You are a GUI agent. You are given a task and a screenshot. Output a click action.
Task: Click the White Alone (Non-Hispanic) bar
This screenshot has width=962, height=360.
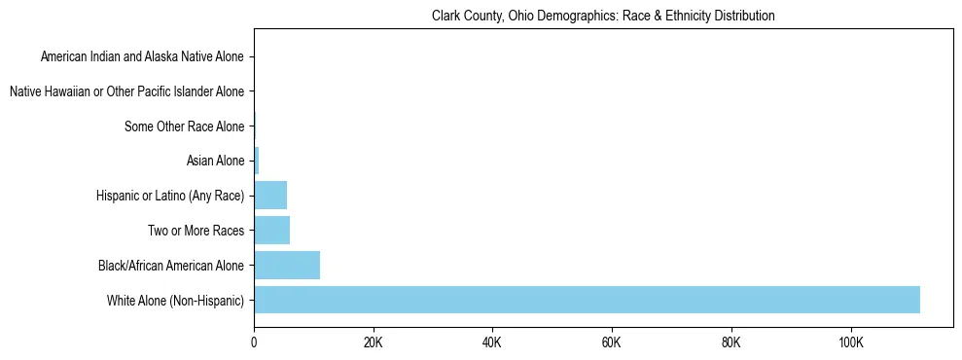(587, 300)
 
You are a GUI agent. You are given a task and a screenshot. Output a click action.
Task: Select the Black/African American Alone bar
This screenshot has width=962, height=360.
(287, 265)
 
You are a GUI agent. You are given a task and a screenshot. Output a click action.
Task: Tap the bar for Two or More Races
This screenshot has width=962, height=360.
(271, 231)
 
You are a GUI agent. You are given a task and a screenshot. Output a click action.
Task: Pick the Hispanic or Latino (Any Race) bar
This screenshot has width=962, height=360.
(270, 196)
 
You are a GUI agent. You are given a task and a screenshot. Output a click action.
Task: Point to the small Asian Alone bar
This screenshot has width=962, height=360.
(256, 161)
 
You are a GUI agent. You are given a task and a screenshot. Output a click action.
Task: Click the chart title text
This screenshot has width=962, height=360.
(603, 17)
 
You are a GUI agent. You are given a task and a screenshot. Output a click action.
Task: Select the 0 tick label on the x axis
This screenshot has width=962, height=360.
(254, 342)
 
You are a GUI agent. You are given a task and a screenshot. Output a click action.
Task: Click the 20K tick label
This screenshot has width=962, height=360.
(373, 342)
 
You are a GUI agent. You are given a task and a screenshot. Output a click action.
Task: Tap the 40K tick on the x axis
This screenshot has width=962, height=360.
(492, 342)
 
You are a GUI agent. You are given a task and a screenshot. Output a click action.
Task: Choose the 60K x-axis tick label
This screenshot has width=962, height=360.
(612, 342)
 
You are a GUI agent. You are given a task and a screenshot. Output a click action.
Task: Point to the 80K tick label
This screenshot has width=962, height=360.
(731, 342)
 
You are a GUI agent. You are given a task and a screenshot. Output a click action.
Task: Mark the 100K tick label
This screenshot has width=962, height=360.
(850, 342)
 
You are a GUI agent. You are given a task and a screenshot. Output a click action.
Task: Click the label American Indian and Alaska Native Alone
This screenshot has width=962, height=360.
(142, 57)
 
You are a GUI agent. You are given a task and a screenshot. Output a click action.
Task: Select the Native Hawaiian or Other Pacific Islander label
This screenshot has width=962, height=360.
(126, 92)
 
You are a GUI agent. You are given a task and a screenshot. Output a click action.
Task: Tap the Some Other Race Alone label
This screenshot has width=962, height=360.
(185, 126)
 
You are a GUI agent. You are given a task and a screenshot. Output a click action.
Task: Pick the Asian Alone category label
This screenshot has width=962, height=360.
(215, 161)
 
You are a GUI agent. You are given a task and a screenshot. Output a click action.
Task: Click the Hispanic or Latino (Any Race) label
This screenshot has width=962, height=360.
(170, 196)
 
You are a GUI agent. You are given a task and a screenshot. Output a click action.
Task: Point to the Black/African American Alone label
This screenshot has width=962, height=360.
(171, 265)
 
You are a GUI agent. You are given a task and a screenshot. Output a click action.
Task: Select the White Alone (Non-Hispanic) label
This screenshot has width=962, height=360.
(176, 300)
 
